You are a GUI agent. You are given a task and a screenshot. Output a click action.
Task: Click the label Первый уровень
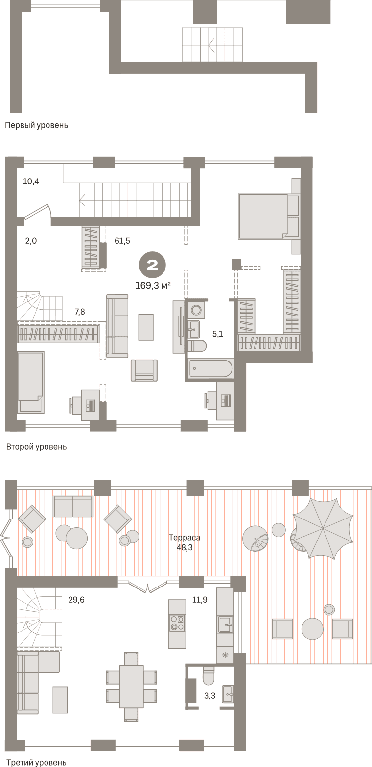(x=36, y=126)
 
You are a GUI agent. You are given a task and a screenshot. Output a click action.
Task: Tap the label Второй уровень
(x=36, y=447)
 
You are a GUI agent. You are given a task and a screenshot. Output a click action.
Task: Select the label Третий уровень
(x=36, y=763)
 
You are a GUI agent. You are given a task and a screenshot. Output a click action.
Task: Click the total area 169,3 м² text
(x=153, y=285)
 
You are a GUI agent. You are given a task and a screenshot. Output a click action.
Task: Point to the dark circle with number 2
(x=152, y=265)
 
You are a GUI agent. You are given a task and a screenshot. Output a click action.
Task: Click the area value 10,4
(x=31, y=181)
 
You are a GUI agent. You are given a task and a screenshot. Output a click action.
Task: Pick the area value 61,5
(x=122, y=241)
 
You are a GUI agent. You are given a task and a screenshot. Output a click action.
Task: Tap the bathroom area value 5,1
(x=218, y=334)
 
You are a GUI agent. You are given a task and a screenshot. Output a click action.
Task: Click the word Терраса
(x=185, y=538)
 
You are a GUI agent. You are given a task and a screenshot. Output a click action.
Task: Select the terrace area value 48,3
(x=185, y=547)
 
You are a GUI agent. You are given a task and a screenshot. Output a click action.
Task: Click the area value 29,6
(x=76, y=600)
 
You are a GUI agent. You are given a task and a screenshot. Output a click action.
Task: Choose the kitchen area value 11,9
(x=199, y=600)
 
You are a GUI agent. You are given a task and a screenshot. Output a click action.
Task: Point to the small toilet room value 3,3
(x=209, y=696)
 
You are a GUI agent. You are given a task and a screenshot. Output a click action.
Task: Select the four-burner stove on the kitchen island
(x=177, y=623)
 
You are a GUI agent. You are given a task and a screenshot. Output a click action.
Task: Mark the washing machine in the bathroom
(x=196, y=310)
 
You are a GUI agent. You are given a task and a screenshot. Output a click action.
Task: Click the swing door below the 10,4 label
(x=38, y=212)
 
